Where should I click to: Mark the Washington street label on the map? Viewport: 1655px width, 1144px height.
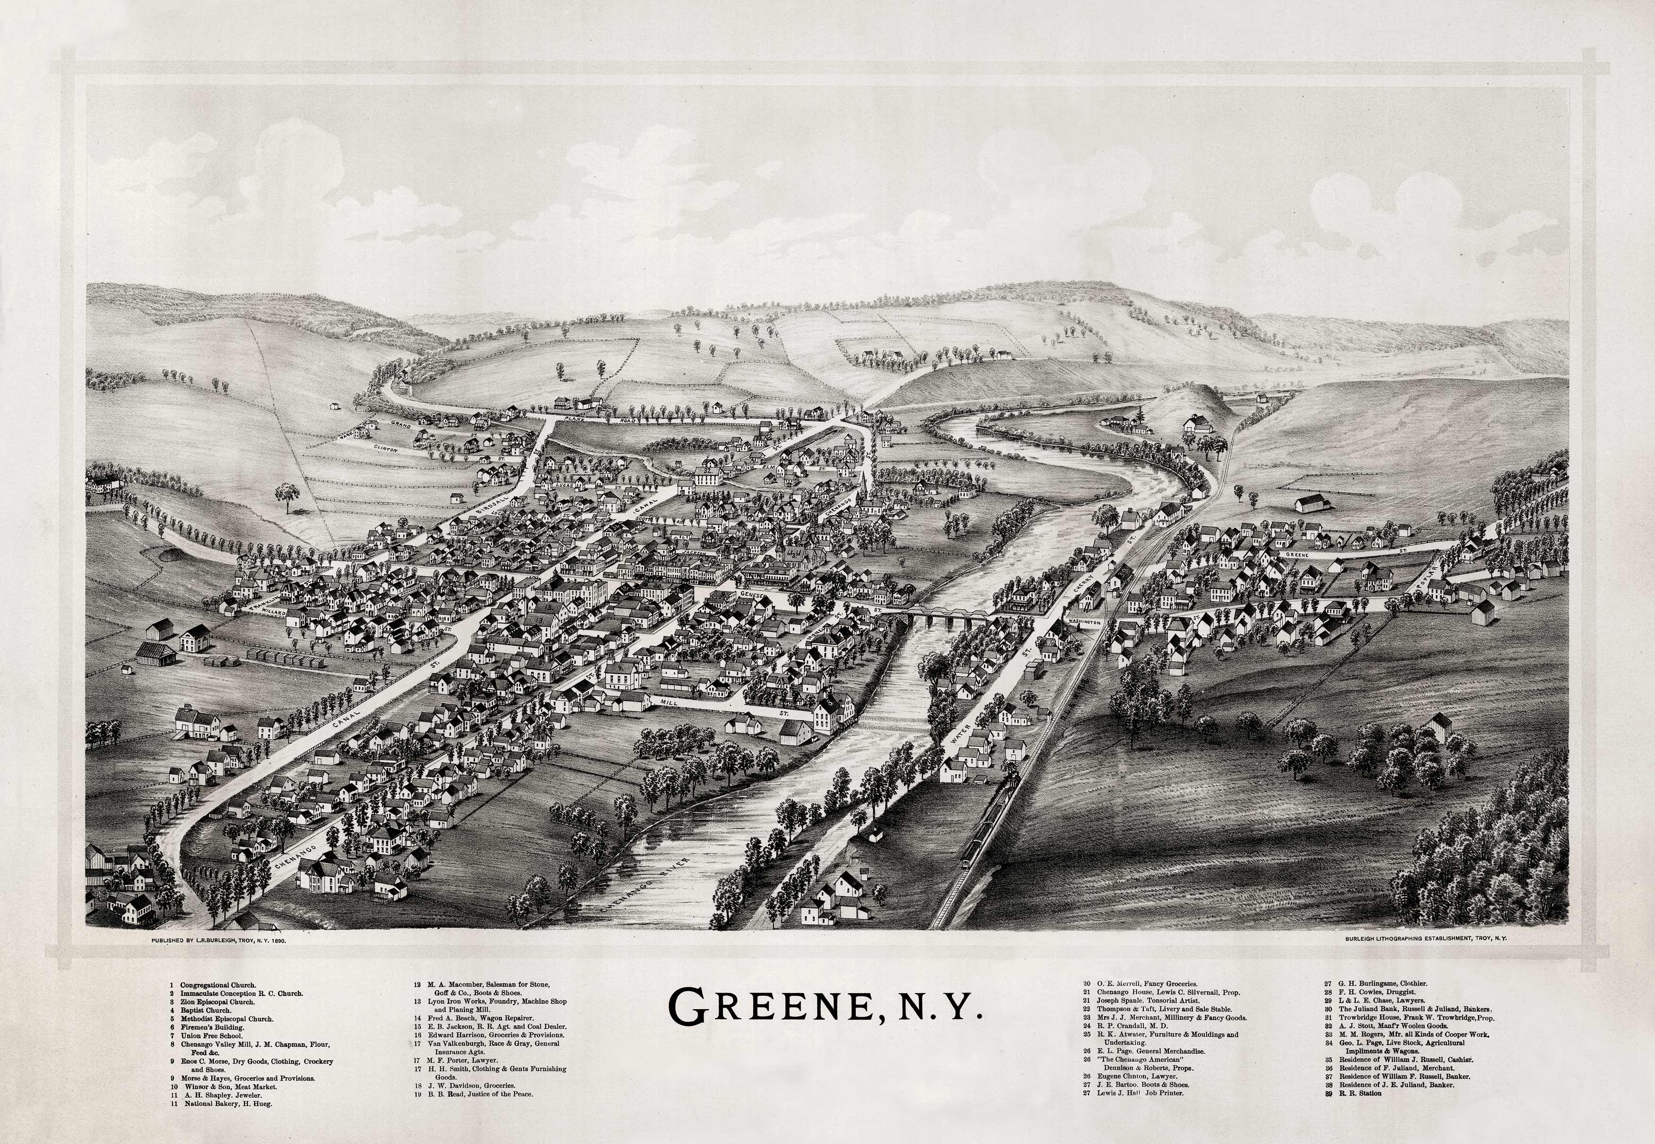(x=1084, y=622)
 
